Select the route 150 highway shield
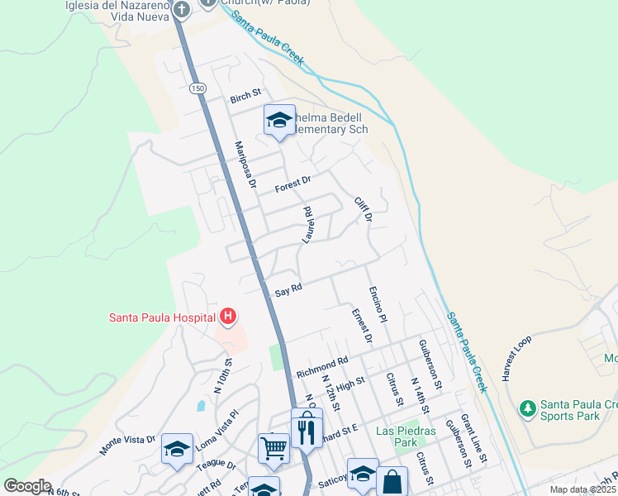point(196,88)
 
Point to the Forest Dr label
point(292,181)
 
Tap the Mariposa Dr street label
point(242,162)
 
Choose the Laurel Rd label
point(307,224)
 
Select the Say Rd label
point(289,289)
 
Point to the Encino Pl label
point(378,305)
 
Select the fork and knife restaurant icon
point(307,429)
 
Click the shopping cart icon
point(273,448)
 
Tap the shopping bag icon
point(392,480)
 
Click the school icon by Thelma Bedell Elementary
point(279,121)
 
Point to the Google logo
point(28,486)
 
